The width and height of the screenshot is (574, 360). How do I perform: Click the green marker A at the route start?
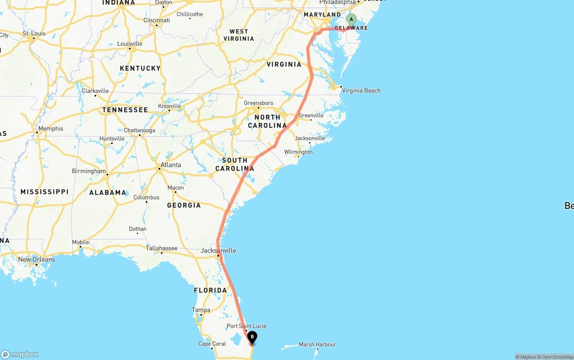(x=351, y=20)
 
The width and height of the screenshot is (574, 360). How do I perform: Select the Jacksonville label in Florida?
(x=218, y=251)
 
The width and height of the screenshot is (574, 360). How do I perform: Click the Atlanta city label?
(x=171, y=165)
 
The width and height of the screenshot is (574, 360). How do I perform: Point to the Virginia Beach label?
(x=361, y=91)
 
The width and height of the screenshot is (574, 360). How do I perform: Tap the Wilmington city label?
(x=298, y=152)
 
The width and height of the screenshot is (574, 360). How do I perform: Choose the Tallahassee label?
(x=161, y=248)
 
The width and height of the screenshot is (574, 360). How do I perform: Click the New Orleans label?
(x=37, y=260)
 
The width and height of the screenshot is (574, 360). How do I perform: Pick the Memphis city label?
(x=51, y=129)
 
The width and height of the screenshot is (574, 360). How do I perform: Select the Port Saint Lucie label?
(x=246, y=326)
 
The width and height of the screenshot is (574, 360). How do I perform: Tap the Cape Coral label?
(x=212, y=344)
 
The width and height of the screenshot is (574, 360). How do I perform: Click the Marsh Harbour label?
(x=317, y=344)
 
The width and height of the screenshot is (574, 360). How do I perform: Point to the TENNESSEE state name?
(x=125, y=110)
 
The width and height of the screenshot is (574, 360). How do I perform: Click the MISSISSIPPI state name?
(x=44, y=192)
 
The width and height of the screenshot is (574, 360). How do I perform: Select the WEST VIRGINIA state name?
(x=239, y=35)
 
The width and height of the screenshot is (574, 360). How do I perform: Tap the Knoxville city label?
(x=170, y=106)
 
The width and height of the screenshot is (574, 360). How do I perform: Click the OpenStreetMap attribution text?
(x=556, y=357)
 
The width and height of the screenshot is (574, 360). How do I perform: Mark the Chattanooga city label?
(x=139, y=131)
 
